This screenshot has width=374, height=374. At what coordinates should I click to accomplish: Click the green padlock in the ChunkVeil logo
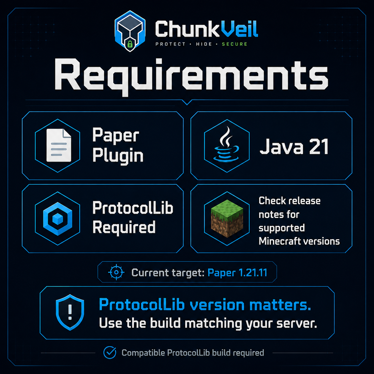(x=130, y=44)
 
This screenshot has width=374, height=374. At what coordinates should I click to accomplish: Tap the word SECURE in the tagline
(x=234, y=44)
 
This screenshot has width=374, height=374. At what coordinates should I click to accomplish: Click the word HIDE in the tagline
(x=204, y=44)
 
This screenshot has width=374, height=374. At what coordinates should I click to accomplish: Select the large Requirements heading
(x=191, y=76)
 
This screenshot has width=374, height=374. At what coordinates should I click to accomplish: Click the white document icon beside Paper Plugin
(x=59, y=145)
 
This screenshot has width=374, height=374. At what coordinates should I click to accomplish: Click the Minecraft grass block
(x=227, y=219)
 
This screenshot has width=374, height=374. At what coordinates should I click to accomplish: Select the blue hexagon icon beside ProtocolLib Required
(x=58, y=219)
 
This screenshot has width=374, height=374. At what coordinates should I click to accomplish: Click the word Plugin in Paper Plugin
(x=118, y=156)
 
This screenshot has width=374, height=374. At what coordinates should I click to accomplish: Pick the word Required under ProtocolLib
(x=124, y=227)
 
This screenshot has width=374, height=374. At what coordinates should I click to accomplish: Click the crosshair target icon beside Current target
(x=116, y=272)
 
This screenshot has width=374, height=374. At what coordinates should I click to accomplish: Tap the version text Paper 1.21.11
(x=237, y=273)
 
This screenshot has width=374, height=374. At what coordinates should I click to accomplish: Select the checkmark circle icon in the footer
(x=110, y=353)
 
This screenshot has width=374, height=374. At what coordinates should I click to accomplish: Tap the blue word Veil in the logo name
(x=239, y=29)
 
